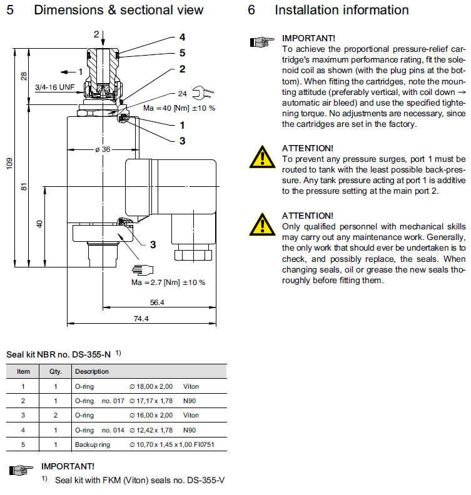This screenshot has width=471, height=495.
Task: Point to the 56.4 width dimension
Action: (158, 302)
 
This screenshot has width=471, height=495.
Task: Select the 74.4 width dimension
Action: (141, 319)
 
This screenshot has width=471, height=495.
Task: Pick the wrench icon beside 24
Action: (205, 94)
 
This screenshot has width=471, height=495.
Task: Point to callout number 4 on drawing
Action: (182, 37)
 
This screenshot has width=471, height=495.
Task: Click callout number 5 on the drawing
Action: (182, 53)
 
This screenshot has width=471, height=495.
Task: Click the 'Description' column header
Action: (91, 371)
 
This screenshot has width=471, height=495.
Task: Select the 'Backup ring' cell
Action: (92, 444)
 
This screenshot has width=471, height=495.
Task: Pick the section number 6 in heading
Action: (251, 10)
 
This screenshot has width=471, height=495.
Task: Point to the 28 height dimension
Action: (24, 76)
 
